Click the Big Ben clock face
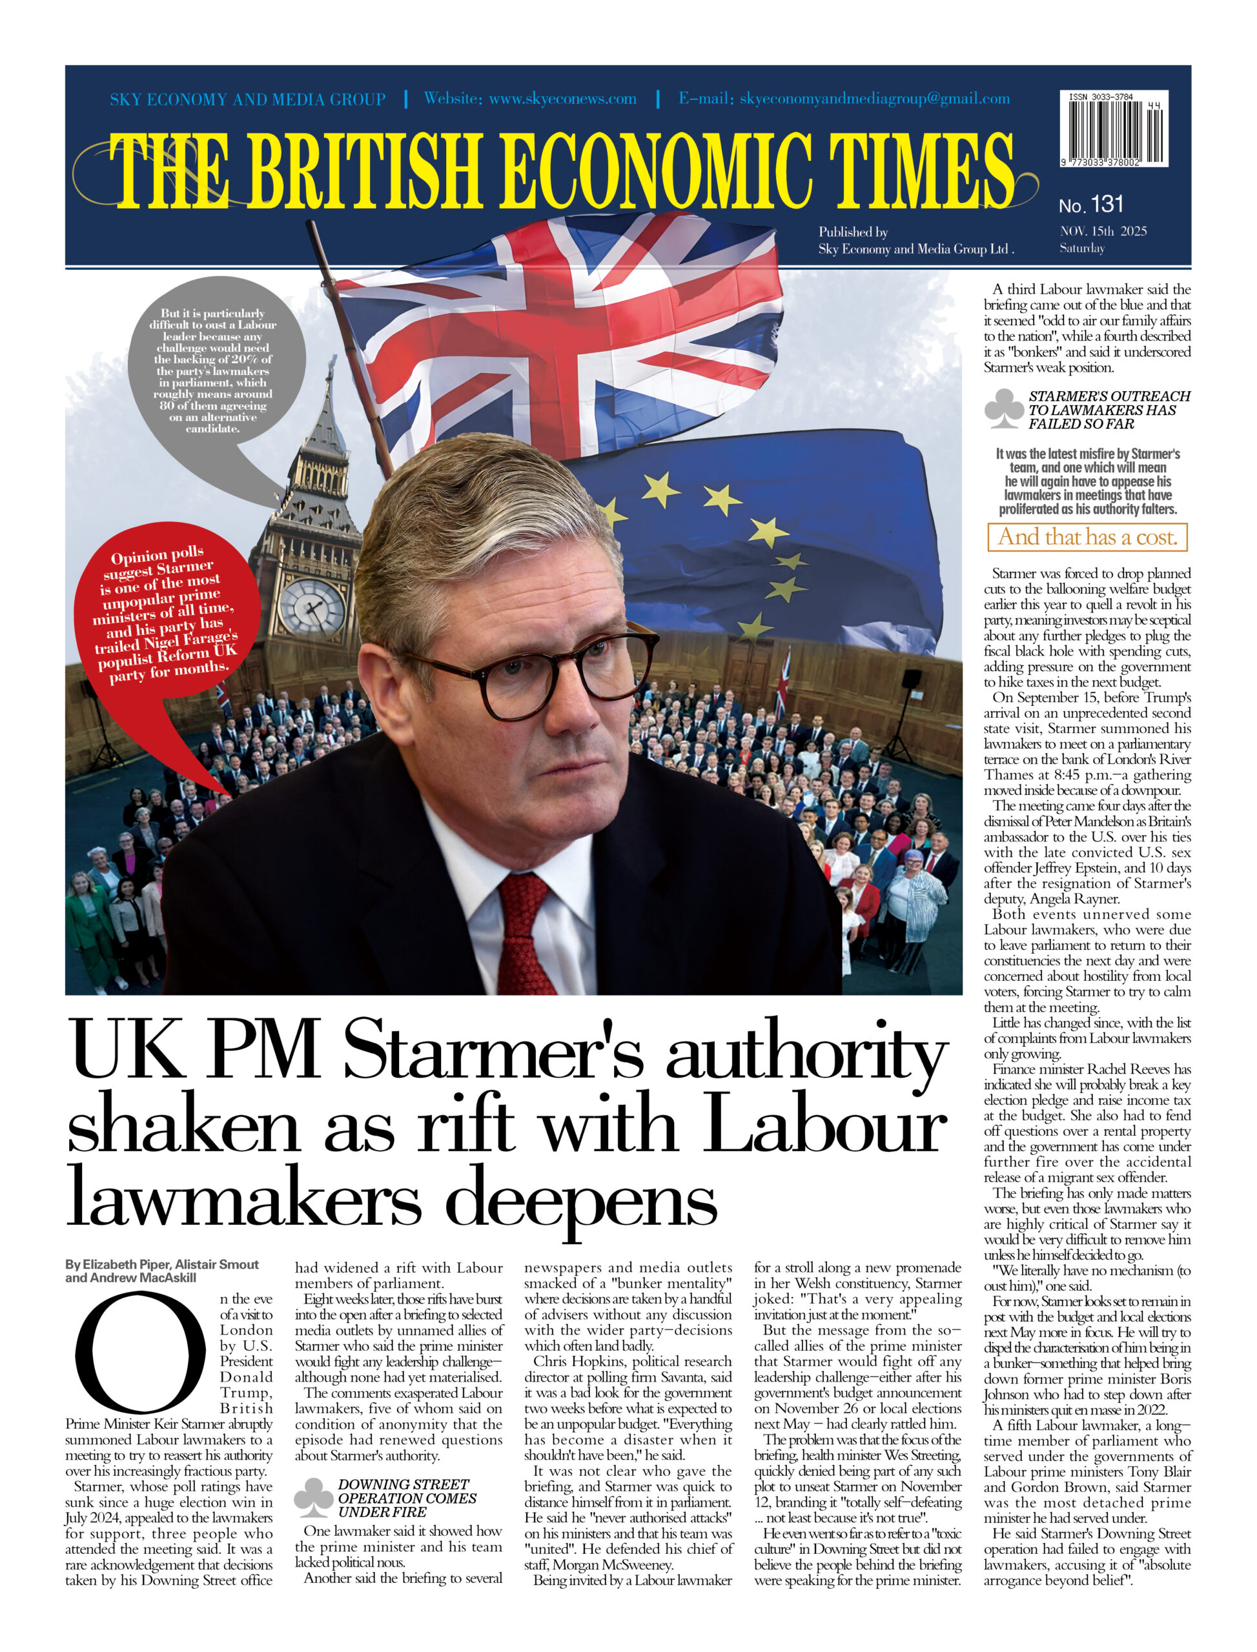[x=312, y=605]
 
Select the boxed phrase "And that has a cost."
[x=1087, y=536]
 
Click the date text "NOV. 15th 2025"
[x=1103, y=231]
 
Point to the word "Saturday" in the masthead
[x=1081, y=248]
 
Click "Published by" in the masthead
[x=853, y=232]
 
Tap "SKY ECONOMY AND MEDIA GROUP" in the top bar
[x=248, y=99]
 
